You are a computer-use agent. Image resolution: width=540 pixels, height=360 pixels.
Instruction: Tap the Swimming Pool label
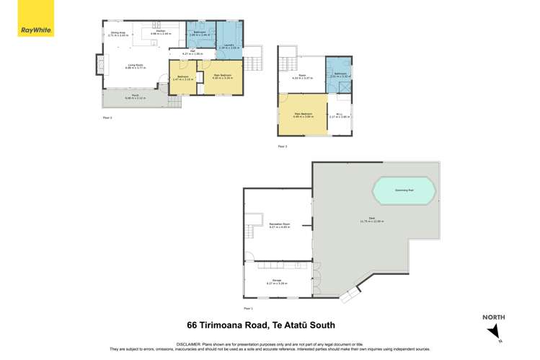[404, 191]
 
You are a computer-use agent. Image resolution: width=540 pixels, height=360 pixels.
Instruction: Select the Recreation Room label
[280, 226]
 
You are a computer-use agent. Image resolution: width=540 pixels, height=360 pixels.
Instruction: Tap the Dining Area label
[118, 33]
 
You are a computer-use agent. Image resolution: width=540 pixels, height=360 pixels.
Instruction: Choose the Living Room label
[136, 67]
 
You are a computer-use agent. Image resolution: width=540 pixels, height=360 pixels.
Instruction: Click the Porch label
[135, 97]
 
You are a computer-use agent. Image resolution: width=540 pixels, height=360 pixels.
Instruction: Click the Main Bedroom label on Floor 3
[304, 115]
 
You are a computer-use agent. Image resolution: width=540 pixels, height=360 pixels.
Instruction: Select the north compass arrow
[494, 333]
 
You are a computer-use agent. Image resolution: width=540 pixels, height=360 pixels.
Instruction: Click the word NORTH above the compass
[494, 317]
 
